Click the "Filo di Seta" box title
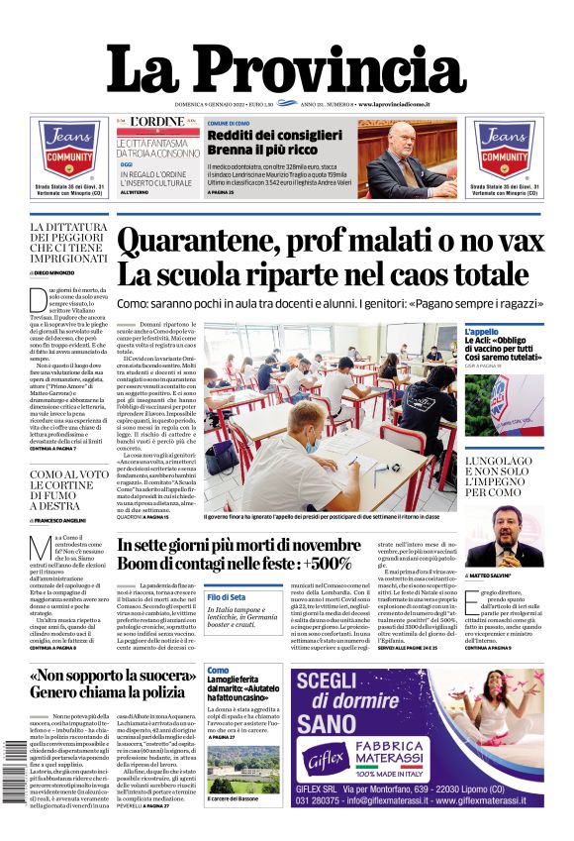point(227,597)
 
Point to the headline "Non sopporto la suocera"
point(110,678)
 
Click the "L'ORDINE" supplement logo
point(159,122)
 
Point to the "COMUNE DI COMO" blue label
point(234,124)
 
